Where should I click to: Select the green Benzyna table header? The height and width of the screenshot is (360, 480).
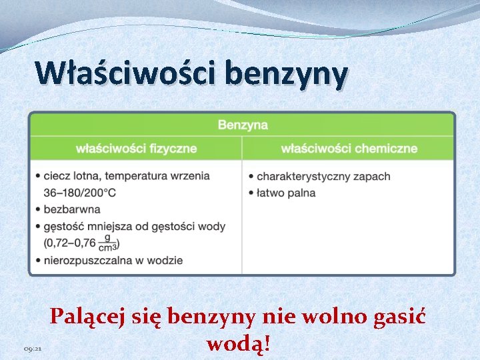tap(243, 125)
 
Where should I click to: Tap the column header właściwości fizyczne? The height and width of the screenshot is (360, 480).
tap(137, 148)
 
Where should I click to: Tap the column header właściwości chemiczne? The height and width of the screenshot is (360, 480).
tap(349, 148)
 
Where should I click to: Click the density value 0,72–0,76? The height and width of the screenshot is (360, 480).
tap(70, 243)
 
